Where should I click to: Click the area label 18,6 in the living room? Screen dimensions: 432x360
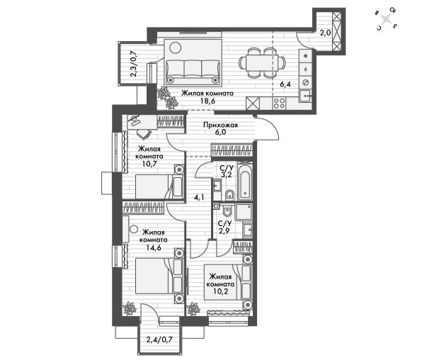point(208,101)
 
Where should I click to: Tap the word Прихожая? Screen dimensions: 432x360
point(220,125)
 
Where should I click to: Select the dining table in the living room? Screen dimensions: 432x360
point(261,63)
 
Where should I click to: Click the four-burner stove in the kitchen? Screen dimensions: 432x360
point(279,103)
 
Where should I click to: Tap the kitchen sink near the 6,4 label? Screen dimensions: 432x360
point(305,96)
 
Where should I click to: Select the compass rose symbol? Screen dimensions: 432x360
point(387,18)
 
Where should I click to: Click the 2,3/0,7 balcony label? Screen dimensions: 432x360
point(134,64)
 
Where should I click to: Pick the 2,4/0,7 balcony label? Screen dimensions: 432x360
point(159,339)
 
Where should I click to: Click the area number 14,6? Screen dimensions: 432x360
point(154,247)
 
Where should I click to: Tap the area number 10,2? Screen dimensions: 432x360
point(221,292)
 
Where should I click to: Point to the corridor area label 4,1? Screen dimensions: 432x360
point(198,197)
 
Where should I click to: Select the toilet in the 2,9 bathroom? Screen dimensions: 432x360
point(227,211)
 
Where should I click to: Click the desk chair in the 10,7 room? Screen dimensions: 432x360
point(144,134)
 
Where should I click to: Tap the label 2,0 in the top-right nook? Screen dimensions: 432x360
point(325,33)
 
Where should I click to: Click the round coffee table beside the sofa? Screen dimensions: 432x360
point(176,47)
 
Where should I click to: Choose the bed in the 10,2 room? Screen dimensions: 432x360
point(227,282)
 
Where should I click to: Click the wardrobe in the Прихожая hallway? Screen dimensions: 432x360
point(232,150)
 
